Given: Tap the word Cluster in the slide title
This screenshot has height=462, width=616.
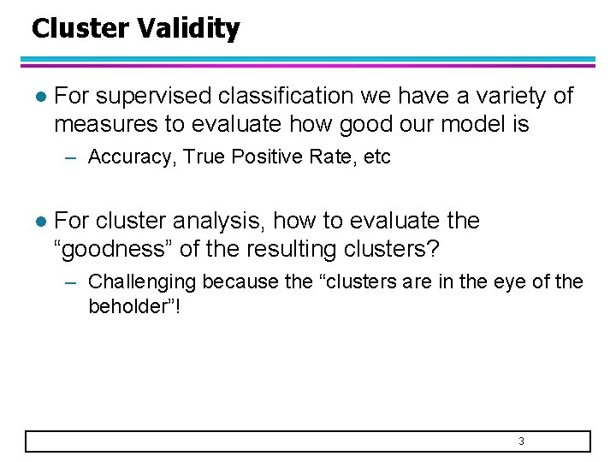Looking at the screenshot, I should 80,29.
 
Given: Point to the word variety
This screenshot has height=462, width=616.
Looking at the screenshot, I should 505,96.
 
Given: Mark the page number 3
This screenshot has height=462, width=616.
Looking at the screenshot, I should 521,441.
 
